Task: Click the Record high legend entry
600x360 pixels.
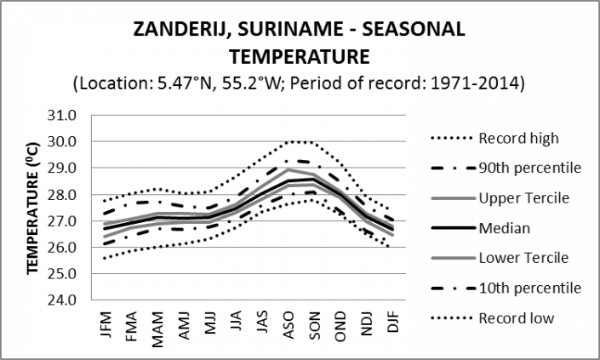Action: (x=517, y=139)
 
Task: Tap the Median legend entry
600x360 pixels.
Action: (x=503, y=228)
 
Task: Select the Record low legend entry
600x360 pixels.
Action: (x=516, y=318)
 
